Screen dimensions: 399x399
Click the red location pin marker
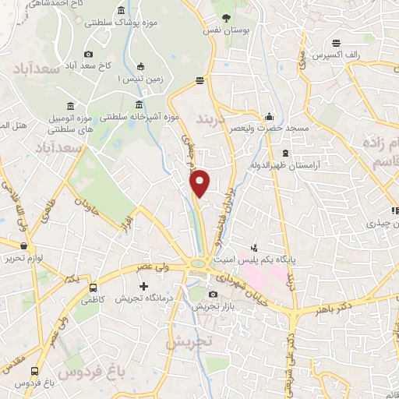[x=200, y=183]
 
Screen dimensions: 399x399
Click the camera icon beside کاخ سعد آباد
[x=88, y=54]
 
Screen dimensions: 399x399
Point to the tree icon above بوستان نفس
[x=227, y=16]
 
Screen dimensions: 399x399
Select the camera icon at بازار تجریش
[x=214, y=294]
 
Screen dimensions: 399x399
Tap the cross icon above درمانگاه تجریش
[x=142, y=285]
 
